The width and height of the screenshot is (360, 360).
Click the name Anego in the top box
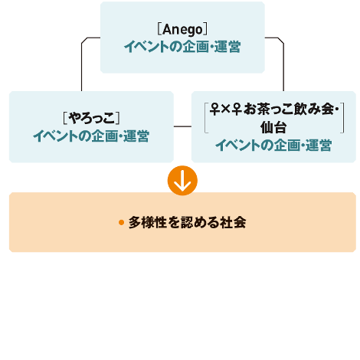click(x=182, y=29)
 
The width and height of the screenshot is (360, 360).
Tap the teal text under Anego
click(x=182, y=47)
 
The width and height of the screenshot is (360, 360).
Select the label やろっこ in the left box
click(x=91, y=118)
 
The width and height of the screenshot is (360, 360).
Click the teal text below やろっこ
click(x=91, y=136)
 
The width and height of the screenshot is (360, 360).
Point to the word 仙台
click(x=273, y=127)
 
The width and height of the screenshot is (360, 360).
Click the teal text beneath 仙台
click(x=273, y=145)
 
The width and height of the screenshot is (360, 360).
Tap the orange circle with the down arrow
click(x=182, y=181)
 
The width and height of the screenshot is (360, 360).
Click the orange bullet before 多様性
click(x=121, y=223)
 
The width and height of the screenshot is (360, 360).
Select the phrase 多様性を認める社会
click(x=187, y=222)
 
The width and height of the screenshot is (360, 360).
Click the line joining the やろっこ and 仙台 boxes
click(x=182, y=126)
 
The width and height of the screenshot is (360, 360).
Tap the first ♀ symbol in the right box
click(x=215, y=109)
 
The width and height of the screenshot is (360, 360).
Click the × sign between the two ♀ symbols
click(x=226, y=110)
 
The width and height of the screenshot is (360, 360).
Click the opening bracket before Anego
click(x=159, y=29)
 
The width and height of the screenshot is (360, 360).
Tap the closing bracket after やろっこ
click(x=118, y=118)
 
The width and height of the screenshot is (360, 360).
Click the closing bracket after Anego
click(x=205, y=29)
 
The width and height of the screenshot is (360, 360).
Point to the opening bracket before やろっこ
click(x=65, y=118)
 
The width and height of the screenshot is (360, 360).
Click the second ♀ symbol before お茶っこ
click(x=237, y=109)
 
